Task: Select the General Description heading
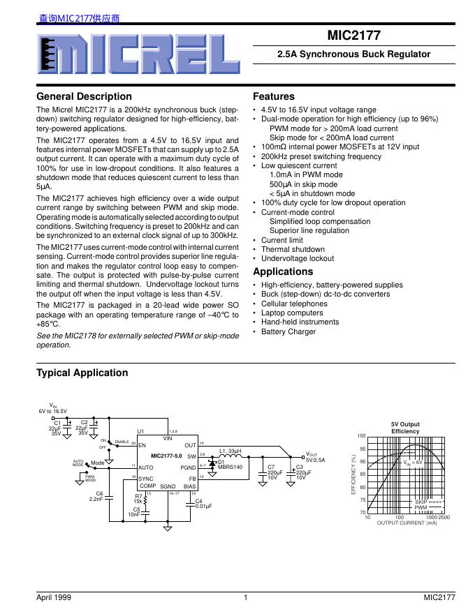click(84, 96)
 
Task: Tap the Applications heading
click(283, 271)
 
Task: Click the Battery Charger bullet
click(288, 331)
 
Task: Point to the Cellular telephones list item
click(293, 304)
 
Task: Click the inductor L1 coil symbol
click(231, 456)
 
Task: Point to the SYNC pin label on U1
click(146, 479)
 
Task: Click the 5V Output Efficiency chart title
click(405, 428)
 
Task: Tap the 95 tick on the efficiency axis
click(362, 449)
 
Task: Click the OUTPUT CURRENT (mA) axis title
click(407, 522)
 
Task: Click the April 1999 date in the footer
click(54, 597)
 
